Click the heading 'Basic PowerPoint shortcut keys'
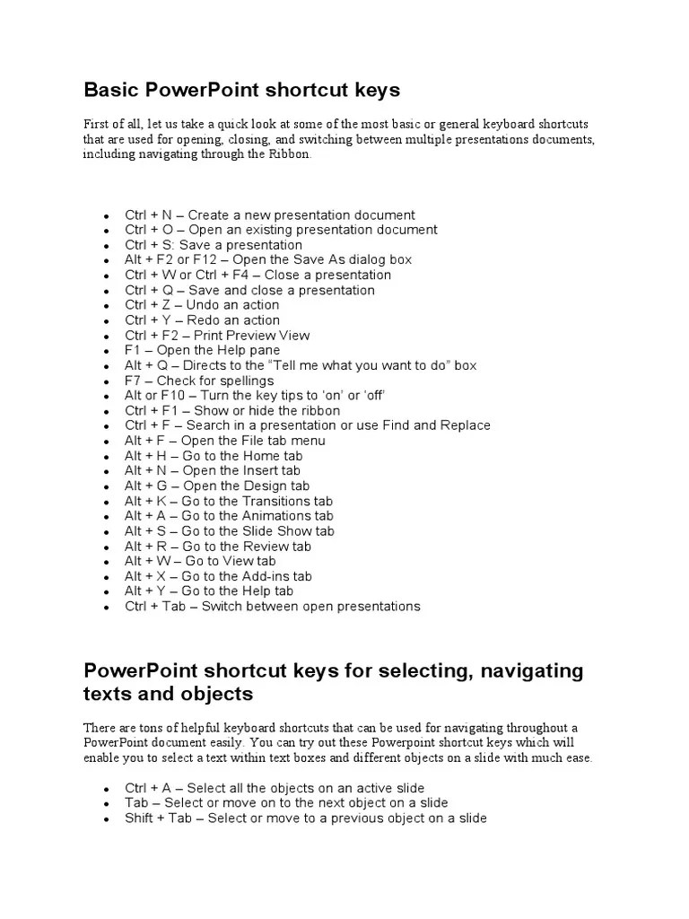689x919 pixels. [x=241, y=91]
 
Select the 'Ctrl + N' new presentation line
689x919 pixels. [x=269, y=215]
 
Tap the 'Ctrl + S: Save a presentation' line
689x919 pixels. [x=214, y=245]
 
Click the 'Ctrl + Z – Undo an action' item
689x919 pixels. [x=202, y=305]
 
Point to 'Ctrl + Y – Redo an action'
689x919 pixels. [x=202, y=320]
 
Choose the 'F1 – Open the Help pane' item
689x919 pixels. [x=202, y=351]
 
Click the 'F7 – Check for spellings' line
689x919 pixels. [x=199, y=381]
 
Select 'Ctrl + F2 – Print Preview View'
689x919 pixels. [x=217, y=336]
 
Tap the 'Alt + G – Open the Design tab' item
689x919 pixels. [x=217, y=486]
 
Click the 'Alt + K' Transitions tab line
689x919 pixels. [x=229, y=501]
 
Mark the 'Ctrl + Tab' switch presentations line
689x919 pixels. [x=272, y=607]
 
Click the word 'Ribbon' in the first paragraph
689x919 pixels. [x=289, y=154]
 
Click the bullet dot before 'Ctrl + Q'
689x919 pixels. [x=107, y=292]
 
